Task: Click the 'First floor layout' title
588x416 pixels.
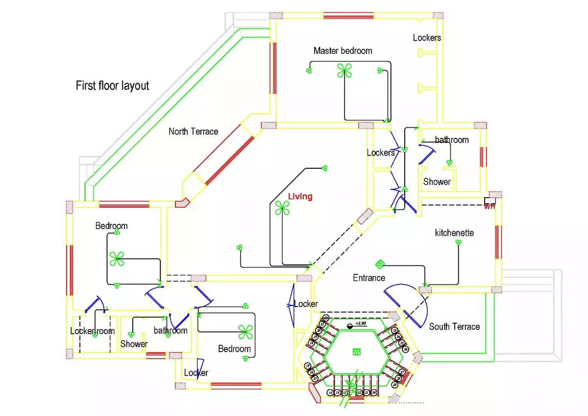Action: coord(112,86)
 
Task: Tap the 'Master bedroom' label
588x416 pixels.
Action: coord(343,51)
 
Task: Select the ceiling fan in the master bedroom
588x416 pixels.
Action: coord(344,72)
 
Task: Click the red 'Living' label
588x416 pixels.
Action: coord(300,197)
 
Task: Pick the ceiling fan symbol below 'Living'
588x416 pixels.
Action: coord(282,208)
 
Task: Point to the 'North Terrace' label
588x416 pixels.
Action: coord(193,131)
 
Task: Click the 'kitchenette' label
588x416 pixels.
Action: coord(454,233)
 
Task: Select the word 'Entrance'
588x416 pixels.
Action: coord(369,278)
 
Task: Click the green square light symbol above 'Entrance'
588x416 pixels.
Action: coord(380,264)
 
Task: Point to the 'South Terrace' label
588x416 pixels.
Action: coord(454,327)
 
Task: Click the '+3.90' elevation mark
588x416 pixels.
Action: coord(361,324)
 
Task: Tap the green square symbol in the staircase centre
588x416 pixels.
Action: coord(357,351)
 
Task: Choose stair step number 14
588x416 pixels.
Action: coord(330,393)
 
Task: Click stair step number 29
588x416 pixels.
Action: coord(395,385)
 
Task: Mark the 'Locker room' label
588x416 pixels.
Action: coord(92,331)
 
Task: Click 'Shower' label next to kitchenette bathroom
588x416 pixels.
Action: coord(437,182)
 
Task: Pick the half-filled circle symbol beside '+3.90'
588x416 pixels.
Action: coord(350,326)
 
